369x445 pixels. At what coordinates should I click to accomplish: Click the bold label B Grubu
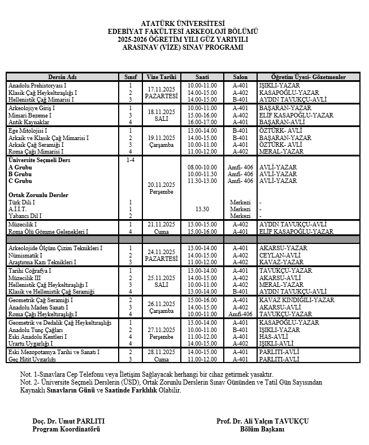point(20,174)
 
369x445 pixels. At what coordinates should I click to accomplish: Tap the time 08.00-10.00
point(202,167)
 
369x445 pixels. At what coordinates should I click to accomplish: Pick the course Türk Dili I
point(22,202)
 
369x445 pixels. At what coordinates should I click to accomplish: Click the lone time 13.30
point(202,208)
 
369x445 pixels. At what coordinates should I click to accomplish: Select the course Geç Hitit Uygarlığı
point(32,359)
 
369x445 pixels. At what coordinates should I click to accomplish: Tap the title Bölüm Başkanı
point(263,429)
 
